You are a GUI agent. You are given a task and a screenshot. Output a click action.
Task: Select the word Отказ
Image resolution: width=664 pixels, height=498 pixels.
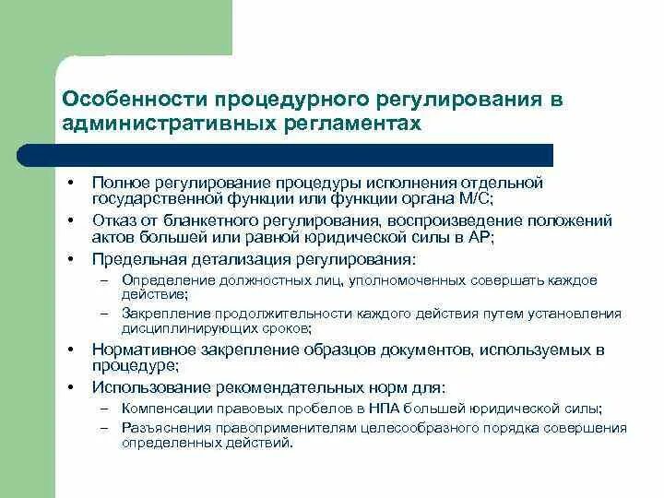tap(113, 221)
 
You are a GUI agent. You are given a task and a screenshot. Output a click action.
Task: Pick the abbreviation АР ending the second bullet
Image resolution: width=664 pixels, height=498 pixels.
tap(480, 236)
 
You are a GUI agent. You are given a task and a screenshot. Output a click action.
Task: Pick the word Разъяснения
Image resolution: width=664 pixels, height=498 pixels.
tap(160, 428)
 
